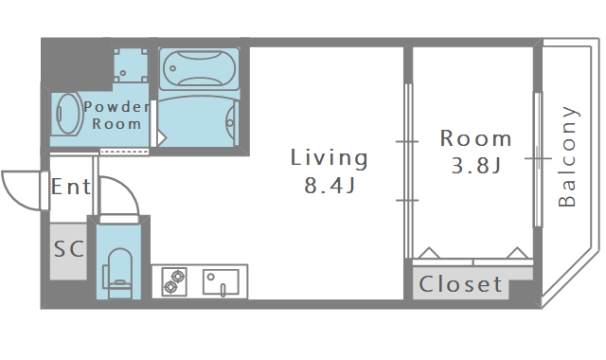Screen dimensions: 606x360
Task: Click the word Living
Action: (329, 158)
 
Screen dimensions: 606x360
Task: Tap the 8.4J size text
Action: (330, 186)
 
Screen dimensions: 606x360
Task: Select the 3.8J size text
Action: (476, 166)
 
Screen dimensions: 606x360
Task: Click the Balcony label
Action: (568, 156)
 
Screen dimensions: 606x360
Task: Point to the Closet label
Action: (460, 284)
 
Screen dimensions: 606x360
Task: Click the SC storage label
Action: (69, 248)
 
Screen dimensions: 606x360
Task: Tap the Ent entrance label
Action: (71, 187)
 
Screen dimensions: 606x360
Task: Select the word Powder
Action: (116, 107)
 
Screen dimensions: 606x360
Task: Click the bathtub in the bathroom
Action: (199, 69)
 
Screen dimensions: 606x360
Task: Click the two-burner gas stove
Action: (174, 282)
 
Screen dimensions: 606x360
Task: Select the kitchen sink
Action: (221, 282)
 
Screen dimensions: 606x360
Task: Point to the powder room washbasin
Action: (68, 114)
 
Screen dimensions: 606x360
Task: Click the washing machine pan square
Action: (131, 65)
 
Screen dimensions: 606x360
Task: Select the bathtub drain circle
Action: (172, 69)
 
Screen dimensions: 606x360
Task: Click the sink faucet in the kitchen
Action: (223, 290)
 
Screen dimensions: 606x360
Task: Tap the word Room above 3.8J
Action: (475, 138)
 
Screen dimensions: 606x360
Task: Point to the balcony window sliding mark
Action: (538, 158)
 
